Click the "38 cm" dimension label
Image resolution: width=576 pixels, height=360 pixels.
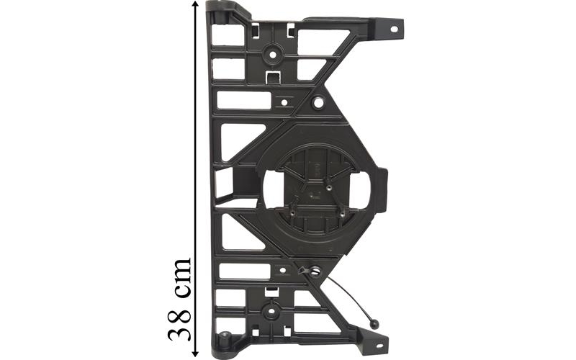pos(179,299)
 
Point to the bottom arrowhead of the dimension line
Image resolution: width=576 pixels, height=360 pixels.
pos(195,353)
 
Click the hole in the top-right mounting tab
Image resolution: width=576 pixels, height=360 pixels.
pos(394,29)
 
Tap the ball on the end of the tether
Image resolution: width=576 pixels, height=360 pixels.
pos(374,324)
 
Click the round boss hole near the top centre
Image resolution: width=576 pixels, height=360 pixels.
pos(273,55)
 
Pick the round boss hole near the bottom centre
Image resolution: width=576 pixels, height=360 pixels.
pos(271,311)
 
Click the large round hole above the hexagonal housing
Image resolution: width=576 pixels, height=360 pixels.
pos(318,103)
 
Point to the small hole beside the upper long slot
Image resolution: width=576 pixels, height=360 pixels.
pos(284,102)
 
